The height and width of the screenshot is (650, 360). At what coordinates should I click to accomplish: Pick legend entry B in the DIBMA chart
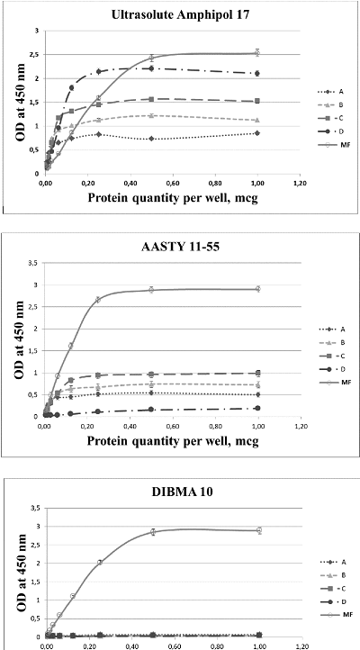(x=331, y=575)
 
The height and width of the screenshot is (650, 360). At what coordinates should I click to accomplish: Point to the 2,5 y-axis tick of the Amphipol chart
(x=37, y=55)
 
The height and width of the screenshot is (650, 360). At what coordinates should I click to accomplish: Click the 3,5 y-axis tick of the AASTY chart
(x=37, y=262)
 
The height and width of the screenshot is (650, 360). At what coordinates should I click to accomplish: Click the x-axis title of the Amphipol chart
(x=173, y=198)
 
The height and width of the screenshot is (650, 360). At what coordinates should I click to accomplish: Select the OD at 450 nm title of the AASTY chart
(x=20, y=339)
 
